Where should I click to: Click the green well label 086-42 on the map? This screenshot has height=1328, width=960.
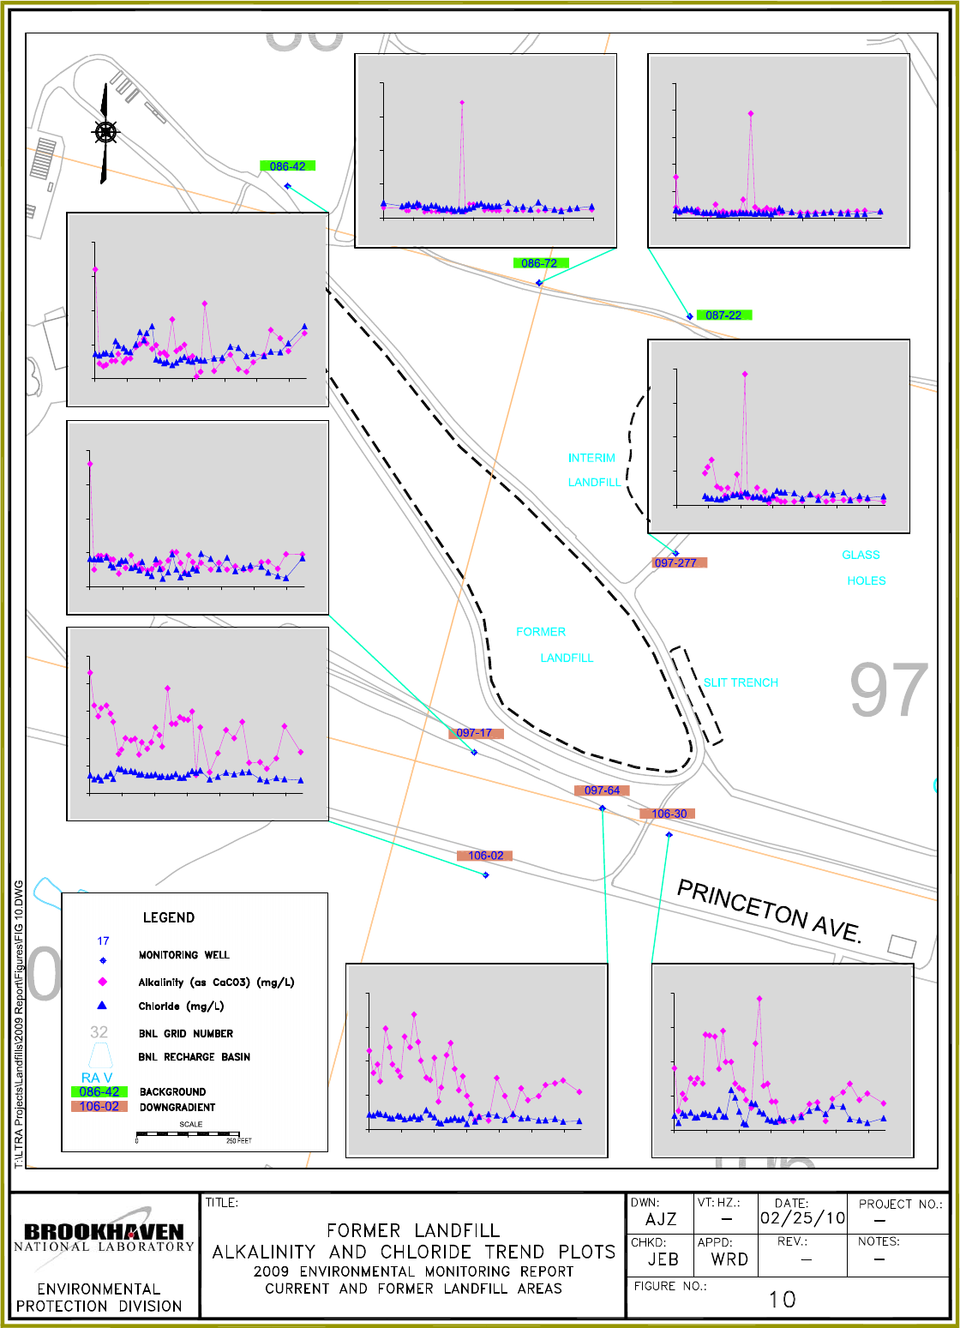(x=287, y=166)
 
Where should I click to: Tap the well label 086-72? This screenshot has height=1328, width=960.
(x=539, y=263)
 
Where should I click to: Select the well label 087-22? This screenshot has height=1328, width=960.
(x=723, y=315)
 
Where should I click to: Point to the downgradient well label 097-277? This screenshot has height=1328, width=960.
(x=675, y=563)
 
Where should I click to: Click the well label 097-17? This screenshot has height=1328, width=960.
(x=475, y=733)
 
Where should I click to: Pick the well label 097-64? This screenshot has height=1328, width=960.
(x=602, y=790)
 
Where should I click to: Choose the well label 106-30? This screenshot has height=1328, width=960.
(x=669, y=814)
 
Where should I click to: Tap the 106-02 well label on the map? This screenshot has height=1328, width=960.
(x=485, y=856)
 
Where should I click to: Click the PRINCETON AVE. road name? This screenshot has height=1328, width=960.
(x=769, y=910)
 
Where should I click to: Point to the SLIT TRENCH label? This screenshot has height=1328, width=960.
(x=741, y=682)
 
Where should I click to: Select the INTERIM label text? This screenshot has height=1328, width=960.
(x=591, y=458)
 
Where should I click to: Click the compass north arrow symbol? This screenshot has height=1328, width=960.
(x=105, y=133)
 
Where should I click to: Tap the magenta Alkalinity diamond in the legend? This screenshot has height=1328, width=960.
(x=103, y=982)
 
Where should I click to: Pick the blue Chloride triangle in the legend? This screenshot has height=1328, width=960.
(x=102, y=1006)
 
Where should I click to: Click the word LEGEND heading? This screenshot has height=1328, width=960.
(x=169, y=917)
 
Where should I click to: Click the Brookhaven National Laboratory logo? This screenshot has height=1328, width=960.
(x=104, y=1235)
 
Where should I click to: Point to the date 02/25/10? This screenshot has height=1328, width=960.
(x=802, y=1218)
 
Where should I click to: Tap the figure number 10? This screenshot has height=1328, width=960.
(x=782, y=1300)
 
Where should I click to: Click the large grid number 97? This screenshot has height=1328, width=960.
(x=889, y=691)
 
